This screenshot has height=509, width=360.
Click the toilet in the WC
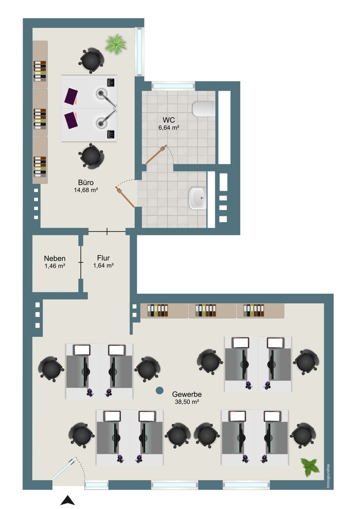(x=204, y=109)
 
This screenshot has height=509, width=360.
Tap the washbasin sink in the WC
(x=198, y=198)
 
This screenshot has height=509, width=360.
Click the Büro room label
(x=86, y=182)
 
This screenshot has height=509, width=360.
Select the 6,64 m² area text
(x=169, y=128)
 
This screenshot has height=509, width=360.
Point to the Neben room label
(x=55, y=258)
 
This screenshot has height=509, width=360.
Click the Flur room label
(x=103, y=258)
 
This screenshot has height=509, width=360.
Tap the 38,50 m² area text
(x=187, y=402)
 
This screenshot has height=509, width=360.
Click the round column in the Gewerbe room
(x=160, y=391)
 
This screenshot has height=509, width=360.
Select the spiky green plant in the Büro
(x=116, y=44)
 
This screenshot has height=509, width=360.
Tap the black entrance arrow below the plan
(x=67, y=500)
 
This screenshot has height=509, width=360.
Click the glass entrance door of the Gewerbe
(x=64, y=469)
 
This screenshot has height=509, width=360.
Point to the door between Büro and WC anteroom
(x=125, y=197)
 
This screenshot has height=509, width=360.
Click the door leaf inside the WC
(x=156, y=154)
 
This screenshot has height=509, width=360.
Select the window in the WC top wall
(x=173, y=86)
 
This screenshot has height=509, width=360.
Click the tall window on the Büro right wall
(x=139, y=51)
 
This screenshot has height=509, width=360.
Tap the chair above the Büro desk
(x=91, y=60)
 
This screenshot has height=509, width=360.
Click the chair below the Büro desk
(x=91, y=156)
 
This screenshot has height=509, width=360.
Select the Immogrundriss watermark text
(x=328, y=475)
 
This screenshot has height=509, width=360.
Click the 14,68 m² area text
(x=86, y=190)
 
